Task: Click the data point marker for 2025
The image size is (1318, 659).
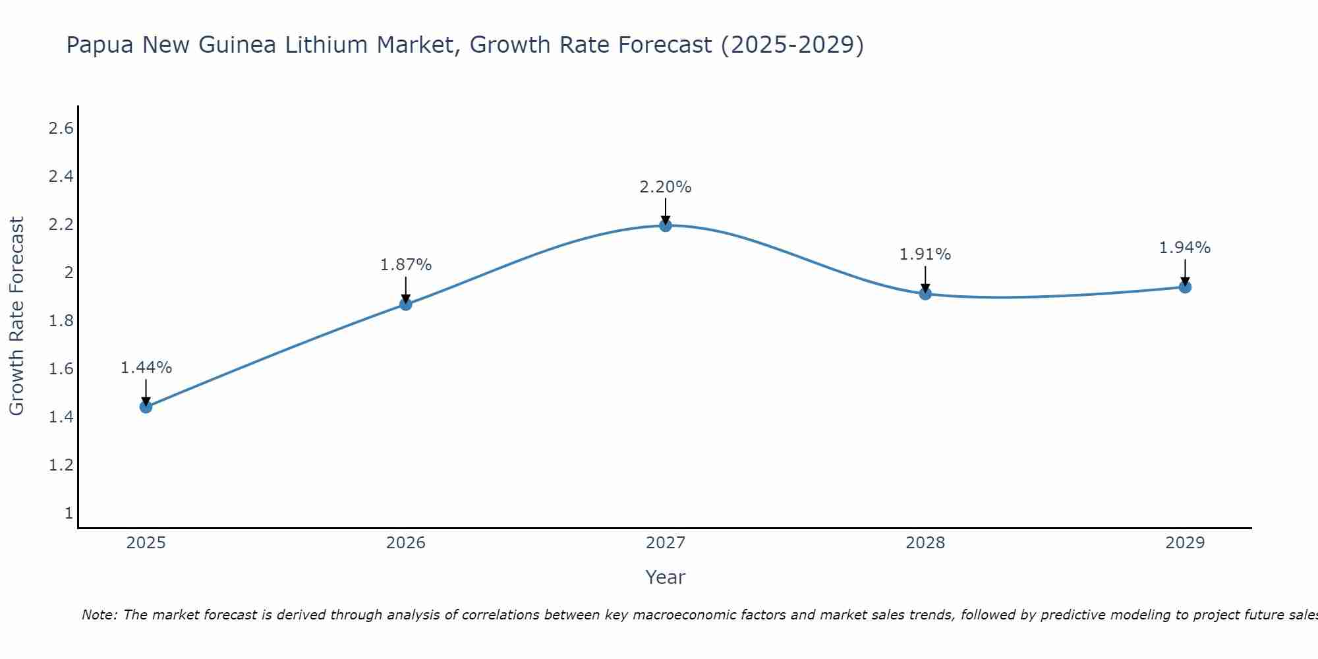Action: coord(146,407)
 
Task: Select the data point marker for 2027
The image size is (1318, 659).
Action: coord(666,225)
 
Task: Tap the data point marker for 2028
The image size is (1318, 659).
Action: coord(925,293)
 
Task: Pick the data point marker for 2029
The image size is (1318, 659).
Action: coord(1185,287)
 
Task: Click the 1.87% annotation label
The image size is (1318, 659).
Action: coord(406,265)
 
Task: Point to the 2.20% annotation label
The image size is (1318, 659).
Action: coord(666,187)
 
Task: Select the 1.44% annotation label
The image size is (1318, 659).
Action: coord(146,368)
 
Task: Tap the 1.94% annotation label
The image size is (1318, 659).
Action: coord(1185,248)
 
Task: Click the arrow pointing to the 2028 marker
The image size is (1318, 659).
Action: coord(925,278)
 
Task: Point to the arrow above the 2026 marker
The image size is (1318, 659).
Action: coord(406,289)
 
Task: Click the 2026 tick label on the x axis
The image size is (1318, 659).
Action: coord(406,543)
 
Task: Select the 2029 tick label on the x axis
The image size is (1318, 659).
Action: coord(1185,543)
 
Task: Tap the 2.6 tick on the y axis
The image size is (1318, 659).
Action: coord(61,129)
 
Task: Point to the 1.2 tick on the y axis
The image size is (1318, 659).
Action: coord(61,465)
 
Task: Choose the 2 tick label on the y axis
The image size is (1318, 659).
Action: coord(69,273)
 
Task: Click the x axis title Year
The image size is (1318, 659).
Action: coord(666,577)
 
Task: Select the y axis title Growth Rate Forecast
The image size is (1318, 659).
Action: coord(17,316)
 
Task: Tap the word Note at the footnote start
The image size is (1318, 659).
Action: coord(99,615)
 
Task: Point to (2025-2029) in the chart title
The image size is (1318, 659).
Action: coord(792,45)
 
